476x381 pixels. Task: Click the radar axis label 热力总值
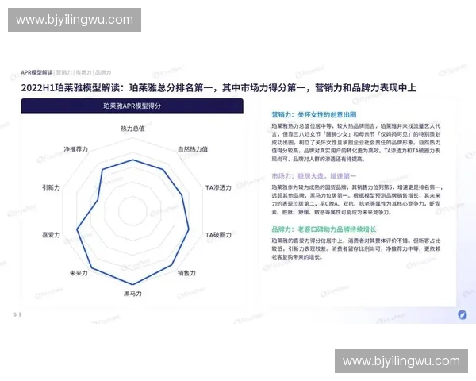132,129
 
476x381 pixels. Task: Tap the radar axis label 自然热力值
193,149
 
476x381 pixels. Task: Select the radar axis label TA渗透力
218,187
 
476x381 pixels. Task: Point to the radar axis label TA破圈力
218,235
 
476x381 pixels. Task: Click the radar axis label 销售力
187,273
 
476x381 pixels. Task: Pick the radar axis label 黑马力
132,294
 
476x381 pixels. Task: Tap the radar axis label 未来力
78,273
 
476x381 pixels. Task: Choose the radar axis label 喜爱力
52,235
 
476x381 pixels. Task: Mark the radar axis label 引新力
52,187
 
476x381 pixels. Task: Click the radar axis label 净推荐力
75,149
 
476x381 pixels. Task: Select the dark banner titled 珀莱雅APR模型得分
132,106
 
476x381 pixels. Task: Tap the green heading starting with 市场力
314,175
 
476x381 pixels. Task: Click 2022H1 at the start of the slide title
39,87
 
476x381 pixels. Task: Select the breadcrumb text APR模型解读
36,72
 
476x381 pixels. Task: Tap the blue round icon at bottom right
462,314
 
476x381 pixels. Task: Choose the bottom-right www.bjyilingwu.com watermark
401,361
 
